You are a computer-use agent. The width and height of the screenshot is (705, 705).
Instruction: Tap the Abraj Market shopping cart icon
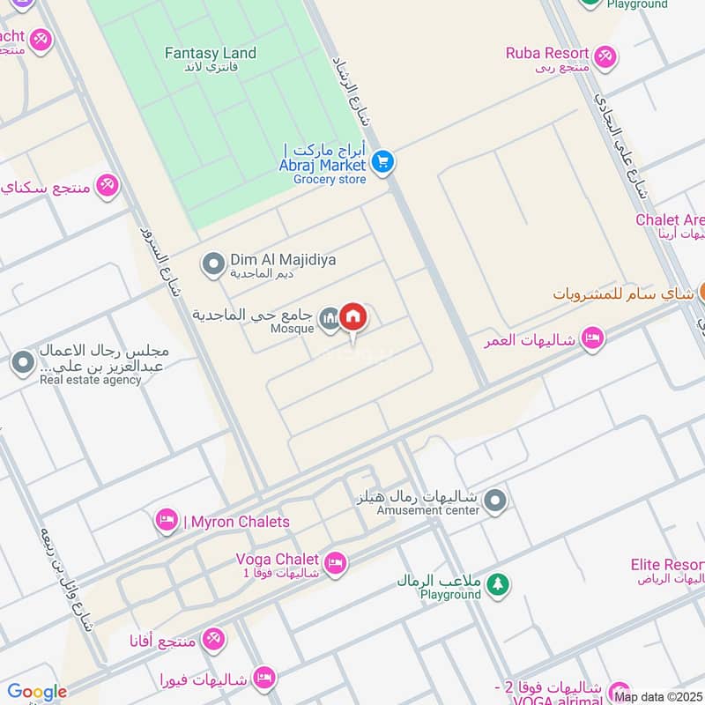[382, 161]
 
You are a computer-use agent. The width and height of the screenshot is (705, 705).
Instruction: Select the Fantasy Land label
[211, 53]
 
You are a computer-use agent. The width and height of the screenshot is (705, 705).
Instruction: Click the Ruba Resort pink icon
[605, 57]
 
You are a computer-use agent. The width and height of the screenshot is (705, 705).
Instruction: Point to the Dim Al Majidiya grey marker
[212, 263]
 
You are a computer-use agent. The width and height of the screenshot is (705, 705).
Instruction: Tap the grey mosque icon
[330, 317]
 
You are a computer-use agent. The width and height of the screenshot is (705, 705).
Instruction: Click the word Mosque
[292, 330]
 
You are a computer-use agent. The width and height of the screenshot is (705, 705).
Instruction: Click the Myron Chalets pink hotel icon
[166, 521]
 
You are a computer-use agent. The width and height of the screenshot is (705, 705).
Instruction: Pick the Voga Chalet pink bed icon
[335, 563]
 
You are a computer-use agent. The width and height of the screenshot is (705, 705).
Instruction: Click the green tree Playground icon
[498, 583]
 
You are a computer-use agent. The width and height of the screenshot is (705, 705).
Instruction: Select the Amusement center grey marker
[496, 501]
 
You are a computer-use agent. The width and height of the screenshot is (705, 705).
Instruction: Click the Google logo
[37, 692]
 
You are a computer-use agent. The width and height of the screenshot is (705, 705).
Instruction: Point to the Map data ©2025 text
[657, 696]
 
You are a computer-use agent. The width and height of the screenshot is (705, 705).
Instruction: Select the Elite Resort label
[667, 565]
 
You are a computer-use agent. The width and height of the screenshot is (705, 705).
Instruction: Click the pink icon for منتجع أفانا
[212, 640]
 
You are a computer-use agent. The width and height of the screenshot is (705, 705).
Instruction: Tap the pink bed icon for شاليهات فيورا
[263, 678]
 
